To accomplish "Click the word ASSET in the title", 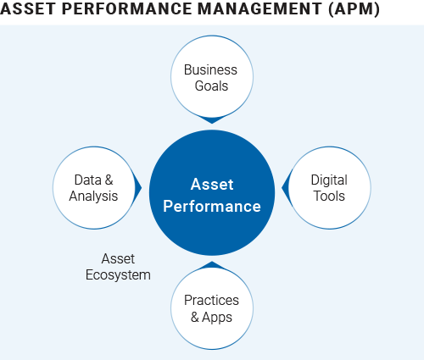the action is point(28,8).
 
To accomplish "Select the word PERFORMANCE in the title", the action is point(126,8).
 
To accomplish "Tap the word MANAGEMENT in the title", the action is point(259,8).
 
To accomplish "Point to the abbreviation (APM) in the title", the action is point(354,9).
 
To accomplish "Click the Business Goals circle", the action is point(212,76).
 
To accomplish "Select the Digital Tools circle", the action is point(330,187).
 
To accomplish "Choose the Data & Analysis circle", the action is point(94,187).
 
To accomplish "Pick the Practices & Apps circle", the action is point(212,308).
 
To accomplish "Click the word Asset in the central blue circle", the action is point(212,185).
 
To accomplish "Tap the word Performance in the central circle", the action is point(212,206).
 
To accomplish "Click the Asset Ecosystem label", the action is point(118,267).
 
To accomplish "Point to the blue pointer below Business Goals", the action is point(212,119).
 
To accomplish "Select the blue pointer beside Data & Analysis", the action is point(138,187).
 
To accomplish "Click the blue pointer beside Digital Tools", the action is point(286,187).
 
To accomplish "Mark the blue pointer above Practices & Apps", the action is point(212,265).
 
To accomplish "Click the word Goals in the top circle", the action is point(211,86).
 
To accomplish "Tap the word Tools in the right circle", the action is point(330,196).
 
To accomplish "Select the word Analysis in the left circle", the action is point(93,197).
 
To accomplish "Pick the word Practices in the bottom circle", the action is point(211,300).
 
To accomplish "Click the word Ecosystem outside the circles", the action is point(118,275).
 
